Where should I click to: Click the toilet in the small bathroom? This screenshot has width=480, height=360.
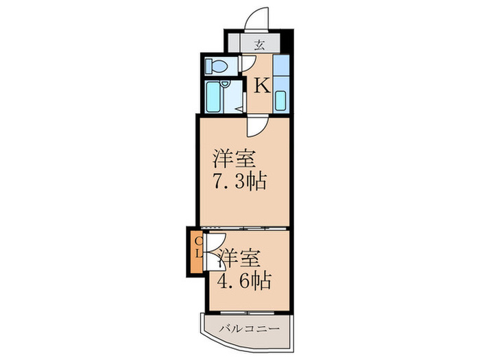click(217, 66)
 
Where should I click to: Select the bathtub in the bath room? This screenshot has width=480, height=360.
click(214, 98)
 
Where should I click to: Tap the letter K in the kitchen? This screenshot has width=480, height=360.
click(261, 86)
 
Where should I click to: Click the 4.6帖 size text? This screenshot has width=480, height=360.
click(244, 280)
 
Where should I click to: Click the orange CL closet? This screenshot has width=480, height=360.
click(195, 252)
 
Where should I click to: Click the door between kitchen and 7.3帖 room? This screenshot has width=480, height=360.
click(258, 125)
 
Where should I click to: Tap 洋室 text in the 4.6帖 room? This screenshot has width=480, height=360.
click(239, 259)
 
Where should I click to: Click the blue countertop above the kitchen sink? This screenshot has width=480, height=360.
click(281, 69)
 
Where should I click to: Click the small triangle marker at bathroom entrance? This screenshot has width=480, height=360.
click(239, 108)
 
